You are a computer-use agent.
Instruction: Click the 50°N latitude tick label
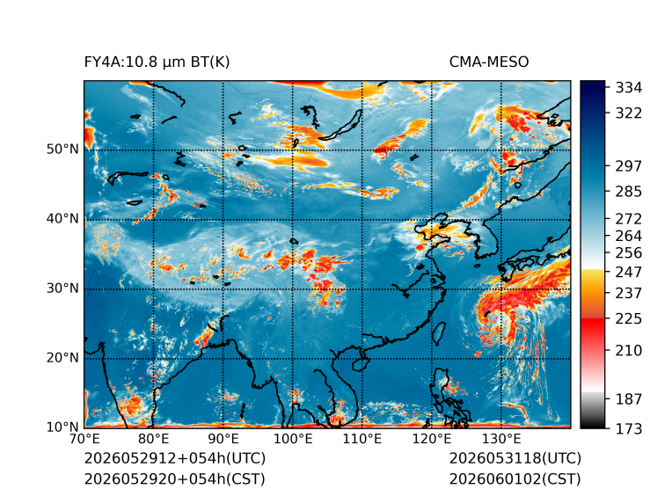(62, 150)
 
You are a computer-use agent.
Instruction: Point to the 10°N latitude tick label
(62, 427)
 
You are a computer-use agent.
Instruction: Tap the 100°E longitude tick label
(293, 439)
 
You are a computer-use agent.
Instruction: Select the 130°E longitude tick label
(501, 439)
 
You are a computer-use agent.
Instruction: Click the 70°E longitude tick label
(84, 439)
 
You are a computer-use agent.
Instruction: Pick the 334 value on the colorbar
(629, 88)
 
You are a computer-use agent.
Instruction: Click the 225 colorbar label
(629, 319)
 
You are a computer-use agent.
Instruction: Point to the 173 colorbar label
(629, 428)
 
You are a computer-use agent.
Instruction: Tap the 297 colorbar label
(629, 166)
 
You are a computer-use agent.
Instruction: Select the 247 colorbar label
(629, 272)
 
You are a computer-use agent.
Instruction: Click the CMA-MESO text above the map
(489, 62)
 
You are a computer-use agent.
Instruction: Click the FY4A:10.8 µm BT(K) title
(157, 62)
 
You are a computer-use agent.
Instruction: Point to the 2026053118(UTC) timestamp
(515, 458)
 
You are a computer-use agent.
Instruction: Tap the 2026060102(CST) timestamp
(515, 478)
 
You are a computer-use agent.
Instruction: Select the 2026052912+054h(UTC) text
(175, 458)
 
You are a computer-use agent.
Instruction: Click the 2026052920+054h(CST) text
(174, 478)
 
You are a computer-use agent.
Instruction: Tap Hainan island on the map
(360, 364)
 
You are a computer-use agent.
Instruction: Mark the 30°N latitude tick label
(62, 288)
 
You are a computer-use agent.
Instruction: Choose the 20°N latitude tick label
(62, 357)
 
